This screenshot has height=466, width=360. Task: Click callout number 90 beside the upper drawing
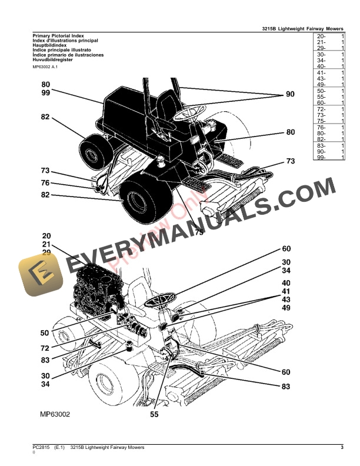290,95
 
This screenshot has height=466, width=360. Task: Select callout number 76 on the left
45,182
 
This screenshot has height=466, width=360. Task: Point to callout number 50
45,333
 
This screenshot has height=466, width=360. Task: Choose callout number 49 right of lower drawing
286,308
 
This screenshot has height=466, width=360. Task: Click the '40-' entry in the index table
321,67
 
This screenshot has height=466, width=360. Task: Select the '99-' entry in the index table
321,158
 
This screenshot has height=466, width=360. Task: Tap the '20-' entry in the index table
321,36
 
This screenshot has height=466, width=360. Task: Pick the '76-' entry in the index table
321,128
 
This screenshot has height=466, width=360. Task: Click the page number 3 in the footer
342,448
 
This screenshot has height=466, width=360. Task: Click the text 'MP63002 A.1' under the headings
50,68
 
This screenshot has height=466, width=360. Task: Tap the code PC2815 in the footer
41,448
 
